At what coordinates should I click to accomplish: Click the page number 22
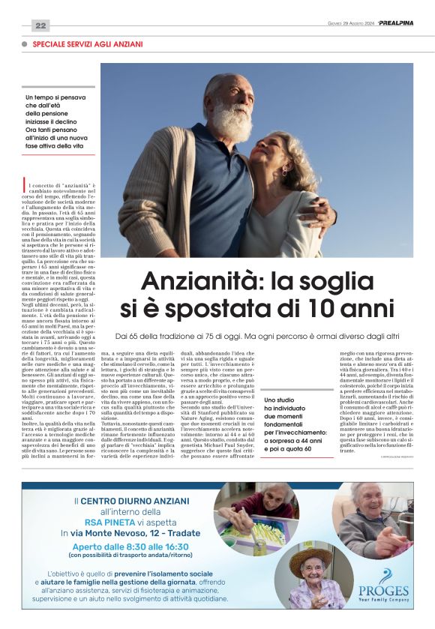40,25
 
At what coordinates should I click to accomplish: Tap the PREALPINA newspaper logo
395,22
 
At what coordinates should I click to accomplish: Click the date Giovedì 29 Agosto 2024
350,23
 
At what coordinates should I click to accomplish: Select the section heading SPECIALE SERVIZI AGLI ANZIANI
88,45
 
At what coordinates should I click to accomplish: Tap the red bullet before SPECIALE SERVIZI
25,45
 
